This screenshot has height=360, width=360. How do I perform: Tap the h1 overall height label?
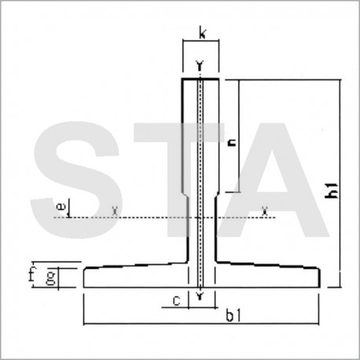pyautogui.click(x=333, y=191)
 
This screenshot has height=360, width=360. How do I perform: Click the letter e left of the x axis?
pyautogui.click(x=61, y=205)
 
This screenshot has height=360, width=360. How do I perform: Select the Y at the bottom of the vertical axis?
pyautogui.click(x=201, y=295)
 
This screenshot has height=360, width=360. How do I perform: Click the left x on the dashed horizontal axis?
pyautogui.click(x=116, y=210)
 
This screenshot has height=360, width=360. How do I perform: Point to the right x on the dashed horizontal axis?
pyautogui.click(x=264, y=210)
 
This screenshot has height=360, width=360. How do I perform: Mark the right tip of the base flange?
pyautogui.click(x=318, y=277)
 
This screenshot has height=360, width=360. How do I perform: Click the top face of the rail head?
pyautogui.click(x=201, y=79)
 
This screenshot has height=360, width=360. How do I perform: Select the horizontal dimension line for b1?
pyautogui.click(x=157, y=321)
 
